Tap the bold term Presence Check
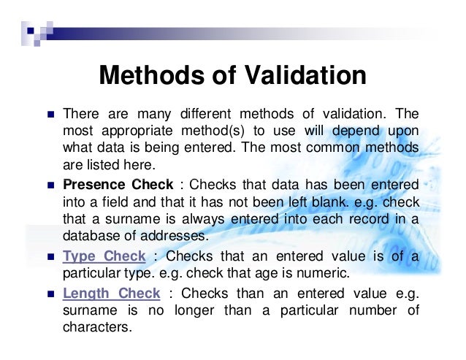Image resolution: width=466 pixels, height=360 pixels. tap(118, 183)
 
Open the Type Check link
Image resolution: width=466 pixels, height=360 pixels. tap(104, 256)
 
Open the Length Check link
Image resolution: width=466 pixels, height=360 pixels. tap(111, 294)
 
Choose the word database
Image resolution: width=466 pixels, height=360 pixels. tap(90, 236)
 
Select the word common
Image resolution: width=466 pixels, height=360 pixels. tap(337, 149)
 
